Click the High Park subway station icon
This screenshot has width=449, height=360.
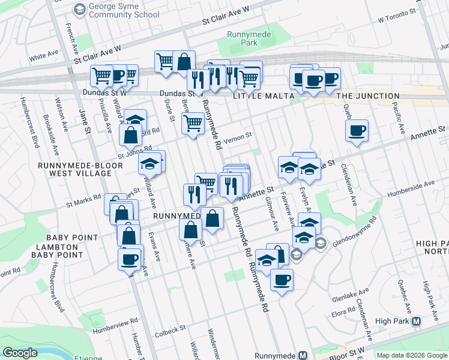click(x=416, y=321)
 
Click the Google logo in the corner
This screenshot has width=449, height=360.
click(x=20, y=353)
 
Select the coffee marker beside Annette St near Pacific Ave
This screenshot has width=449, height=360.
click(x=357, y=130)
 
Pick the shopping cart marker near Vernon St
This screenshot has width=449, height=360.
click(x=193, y=123)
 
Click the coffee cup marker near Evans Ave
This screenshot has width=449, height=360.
click(x=130, y=259)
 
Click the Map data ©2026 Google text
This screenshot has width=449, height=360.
click(x=412, y=355)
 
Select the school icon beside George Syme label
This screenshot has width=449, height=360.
click(x=79, y=9)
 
